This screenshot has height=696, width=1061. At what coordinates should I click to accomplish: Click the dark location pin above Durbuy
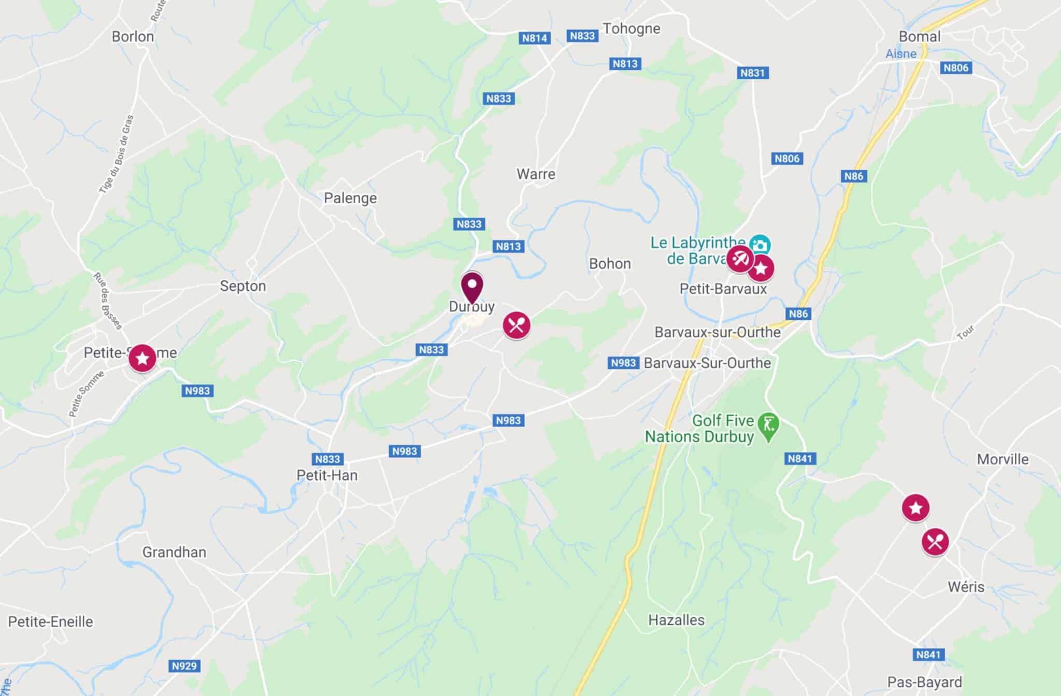pos(472,287)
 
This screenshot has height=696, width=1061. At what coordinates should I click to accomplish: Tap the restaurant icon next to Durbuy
pos(517,325)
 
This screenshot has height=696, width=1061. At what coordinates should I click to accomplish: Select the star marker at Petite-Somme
pos(142,358)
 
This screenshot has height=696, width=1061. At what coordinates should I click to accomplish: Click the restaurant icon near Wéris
pos(935,542)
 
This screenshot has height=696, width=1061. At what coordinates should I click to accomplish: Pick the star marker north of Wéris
pos(915,508)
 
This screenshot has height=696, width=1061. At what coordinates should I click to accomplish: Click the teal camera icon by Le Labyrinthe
pos(760,245)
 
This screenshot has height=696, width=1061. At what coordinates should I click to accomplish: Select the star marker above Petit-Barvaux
pos(761,268)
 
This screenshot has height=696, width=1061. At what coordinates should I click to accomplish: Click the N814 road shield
pos(534,38)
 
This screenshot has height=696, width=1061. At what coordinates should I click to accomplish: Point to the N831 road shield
pos(752,73)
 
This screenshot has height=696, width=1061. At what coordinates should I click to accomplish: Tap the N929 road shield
pos(184,666)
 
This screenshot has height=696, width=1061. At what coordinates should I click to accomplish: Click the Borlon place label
pos(133,37)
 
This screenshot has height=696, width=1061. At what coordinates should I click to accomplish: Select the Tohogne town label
pos(632,29)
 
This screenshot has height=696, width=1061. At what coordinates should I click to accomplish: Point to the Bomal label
pos(920,36)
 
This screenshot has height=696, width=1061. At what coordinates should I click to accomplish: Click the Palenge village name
pos(350,198)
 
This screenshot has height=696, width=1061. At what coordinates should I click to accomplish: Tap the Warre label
pos(536,174)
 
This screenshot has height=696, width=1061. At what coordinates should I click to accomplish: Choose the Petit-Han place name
pos(327,475)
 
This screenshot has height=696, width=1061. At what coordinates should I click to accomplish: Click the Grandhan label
pos(174,552)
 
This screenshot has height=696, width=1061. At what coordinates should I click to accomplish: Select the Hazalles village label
pos(676,620)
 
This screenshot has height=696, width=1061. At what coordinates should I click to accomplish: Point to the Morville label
pos(1002,459)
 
